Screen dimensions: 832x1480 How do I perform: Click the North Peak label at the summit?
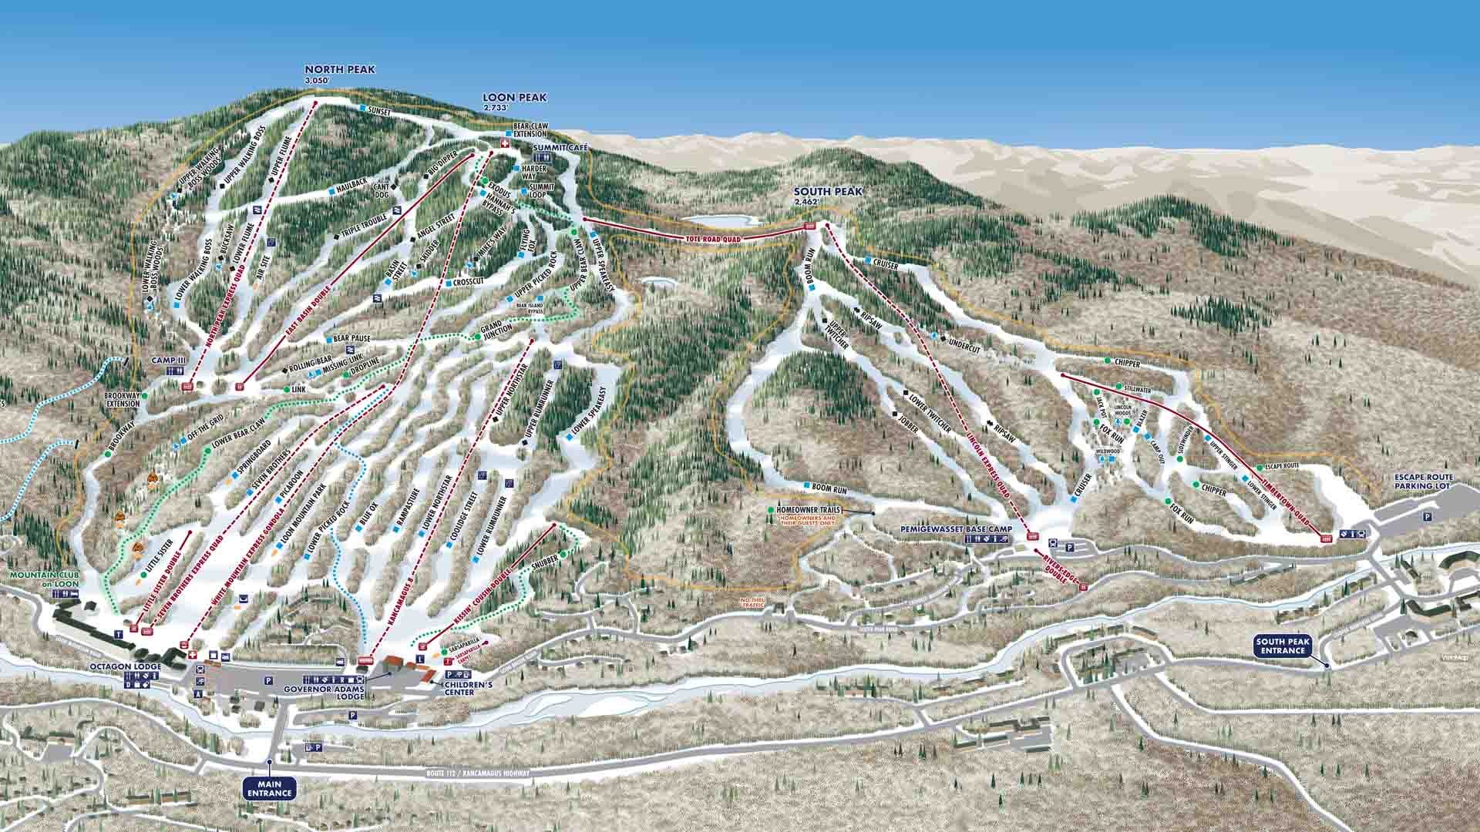339,70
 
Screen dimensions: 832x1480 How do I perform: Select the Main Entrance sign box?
270,789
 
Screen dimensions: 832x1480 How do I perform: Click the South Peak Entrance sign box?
1286,646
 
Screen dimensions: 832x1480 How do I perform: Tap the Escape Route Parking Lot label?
1424,481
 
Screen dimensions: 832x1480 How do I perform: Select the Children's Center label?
462,687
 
